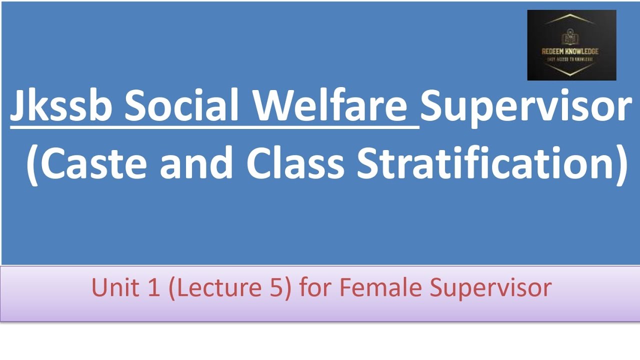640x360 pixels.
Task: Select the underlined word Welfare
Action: click(329, 107)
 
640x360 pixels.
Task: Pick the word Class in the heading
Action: click(295, 163)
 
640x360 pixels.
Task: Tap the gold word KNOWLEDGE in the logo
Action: click(582, 51)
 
